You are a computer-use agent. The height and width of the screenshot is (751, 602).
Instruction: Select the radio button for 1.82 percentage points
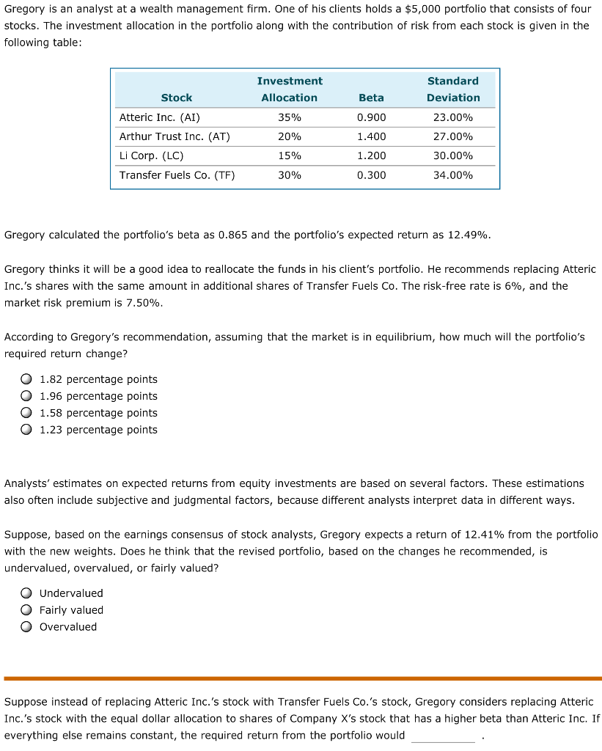[26, 379]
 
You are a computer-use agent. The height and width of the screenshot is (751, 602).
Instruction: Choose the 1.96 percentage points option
[26, 396]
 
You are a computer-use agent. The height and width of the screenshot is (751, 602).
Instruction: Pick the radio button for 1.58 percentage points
[26, 413]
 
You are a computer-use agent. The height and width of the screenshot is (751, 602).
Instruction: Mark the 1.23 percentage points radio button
[26, 430]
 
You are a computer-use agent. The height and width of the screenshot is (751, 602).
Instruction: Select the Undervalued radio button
[26, 593]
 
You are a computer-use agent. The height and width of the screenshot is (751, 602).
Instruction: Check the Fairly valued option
[26, 610]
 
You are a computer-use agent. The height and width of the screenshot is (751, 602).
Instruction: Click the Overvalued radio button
[26, 627]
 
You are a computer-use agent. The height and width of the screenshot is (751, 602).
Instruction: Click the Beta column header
[371, 98]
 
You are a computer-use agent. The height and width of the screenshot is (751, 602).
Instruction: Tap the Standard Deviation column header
[453, 89]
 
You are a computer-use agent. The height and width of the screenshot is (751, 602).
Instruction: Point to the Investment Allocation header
[290, 89]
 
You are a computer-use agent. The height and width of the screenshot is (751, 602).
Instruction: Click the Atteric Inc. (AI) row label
[159, 117]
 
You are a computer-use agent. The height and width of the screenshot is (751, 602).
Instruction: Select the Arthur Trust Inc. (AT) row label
[175, 136]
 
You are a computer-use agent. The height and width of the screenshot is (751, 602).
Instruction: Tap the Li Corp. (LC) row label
[151, 155]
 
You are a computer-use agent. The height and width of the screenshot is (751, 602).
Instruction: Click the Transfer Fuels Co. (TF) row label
[177, 175]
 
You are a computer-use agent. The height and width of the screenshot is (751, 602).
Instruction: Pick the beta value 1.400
[371, 136]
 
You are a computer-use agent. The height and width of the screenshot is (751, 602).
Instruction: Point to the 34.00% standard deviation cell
[453, 175]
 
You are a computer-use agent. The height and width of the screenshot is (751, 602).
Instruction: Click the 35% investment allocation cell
[290, 117]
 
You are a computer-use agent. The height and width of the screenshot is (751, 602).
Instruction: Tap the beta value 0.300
[371, 175]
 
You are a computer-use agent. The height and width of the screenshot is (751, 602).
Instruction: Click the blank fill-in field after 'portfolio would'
[443, 736]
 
